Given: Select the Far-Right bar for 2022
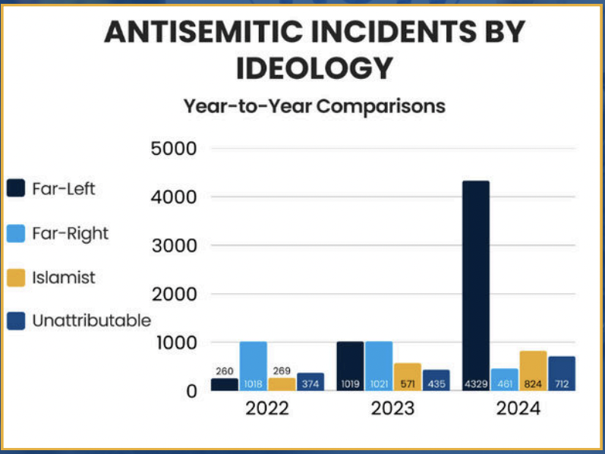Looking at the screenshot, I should [x=253, y=366].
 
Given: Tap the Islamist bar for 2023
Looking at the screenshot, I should [x=407, y=377].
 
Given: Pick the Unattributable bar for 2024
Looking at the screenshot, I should [x=562, y=374].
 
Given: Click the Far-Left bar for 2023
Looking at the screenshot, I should [x=351, y=366].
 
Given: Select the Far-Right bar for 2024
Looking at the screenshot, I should [x=505, y=380].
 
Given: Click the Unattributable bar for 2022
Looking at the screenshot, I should [x=310, y=382].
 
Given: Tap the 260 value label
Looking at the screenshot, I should [x=224, y=372].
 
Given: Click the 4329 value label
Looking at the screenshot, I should [x=475, y=384].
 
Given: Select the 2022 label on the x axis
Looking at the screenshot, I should [x=266, y=408].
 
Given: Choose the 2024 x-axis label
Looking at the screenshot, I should [x=518, y=408].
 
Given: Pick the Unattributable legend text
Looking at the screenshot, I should [x=91, y=321].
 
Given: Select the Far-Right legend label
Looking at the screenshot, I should [x=70, y=233].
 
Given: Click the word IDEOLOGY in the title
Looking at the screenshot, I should [x=314, y=68].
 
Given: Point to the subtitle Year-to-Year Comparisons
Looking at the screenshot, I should [x=314, y=106].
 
